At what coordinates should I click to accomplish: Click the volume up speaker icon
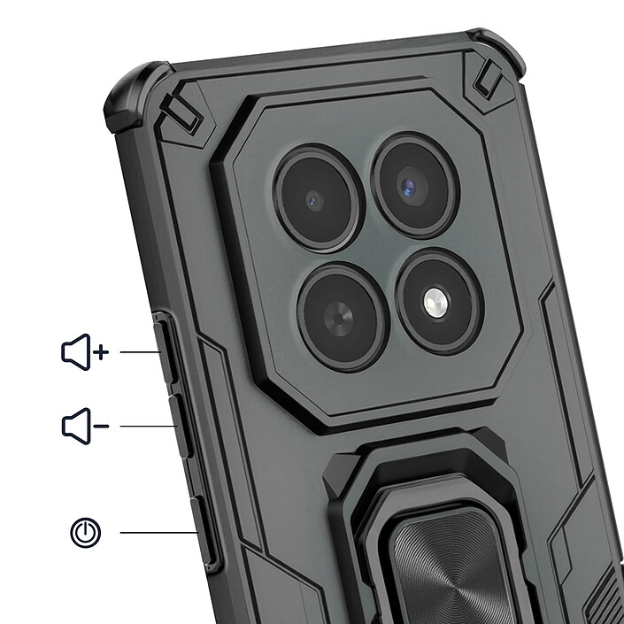point(77,352)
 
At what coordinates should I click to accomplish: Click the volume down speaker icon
point(77,426)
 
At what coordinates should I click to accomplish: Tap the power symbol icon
point(86,532)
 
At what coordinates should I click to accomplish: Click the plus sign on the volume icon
point(101,352)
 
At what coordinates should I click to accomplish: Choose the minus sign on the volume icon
point(101,427)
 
